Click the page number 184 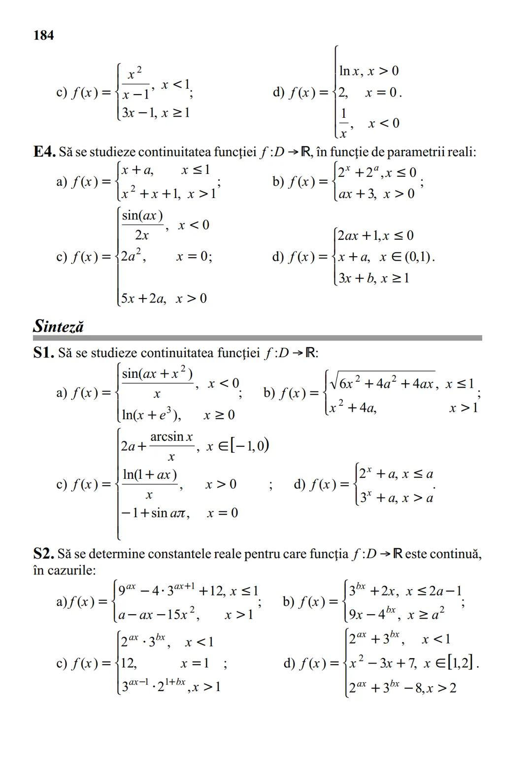click(43, 35)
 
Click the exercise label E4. click(44, 152)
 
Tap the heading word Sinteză click(59, 326)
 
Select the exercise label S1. click(44, 353)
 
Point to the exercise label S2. click(43, 554)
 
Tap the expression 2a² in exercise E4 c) click(133, 256)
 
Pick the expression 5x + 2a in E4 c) click(143, 299)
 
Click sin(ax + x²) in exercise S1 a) click(157, 374)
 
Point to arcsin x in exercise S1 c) click(171, 437)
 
